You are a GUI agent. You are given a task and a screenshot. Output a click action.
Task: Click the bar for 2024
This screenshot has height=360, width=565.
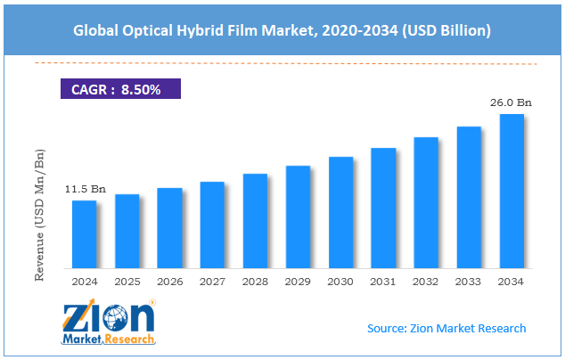tap(84, 234)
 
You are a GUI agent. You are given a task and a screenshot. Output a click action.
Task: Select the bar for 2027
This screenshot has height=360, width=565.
tap(212, 225)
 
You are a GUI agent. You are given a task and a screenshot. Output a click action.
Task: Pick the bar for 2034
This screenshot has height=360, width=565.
tap(512, 192)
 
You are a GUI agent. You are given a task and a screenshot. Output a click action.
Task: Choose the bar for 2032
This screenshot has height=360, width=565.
tap(426, 203)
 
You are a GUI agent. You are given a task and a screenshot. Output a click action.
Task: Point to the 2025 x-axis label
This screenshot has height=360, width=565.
tap(127, 282)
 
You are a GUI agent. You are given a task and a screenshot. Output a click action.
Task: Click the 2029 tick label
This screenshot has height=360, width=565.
tap(298, 282)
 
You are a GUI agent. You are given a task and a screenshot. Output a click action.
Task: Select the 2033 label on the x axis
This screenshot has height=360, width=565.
tap(469, 282)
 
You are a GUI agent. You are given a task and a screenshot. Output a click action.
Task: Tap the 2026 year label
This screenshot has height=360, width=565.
tap(169, 282)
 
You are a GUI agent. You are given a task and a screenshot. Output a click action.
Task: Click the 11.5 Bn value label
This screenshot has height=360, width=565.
tap(85, 190)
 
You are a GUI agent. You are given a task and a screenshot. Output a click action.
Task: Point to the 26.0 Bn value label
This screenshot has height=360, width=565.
tap(512, 103)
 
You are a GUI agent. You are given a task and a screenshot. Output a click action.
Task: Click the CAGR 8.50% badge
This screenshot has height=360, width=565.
tap(119, 88)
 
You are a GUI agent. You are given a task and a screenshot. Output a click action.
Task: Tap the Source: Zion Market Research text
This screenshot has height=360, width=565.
tap(446, 328)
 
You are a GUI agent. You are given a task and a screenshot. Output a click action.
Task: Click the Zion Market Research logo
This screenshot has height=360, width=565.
tap(109, 323)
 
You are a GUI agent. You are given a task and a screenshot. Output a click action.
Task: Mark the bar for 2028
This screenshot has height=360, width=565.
tap(255, 221)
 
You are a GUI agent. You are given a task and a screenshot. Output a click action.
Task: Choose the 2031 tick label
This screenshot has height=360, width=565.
tap(383, 282)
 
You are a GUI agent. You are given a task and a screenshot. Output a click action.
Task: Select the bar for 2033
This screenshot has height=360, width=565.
tap(469, 198)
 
